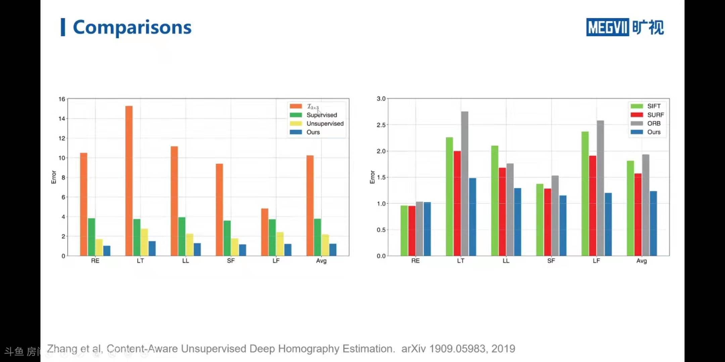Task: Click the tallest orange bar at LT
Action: coord(129,181)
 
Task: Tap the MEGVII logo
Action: coord(625,27)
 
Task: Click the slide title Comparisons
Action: coord(132,27)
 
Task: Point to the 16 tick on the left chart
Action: coord(62,99)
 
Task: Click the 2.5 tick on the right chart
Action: coord(381,125)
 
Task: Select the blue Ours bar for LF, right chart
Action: coord(608,224)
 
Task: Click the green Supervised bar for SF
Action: coord(227,238)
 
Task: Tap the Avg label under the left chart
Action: coord(321,261)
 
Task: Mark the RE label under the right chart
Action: coord(415,261)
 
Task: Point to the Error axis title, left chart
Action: coord(54,177)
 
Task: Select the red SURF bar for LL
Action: coord(502,212)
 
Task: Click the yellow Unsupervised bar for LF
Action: coord(280,244)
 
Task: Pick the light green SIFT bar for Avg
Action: coord(630,208)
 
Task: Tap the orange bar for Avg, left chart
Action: coord(310,205)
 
